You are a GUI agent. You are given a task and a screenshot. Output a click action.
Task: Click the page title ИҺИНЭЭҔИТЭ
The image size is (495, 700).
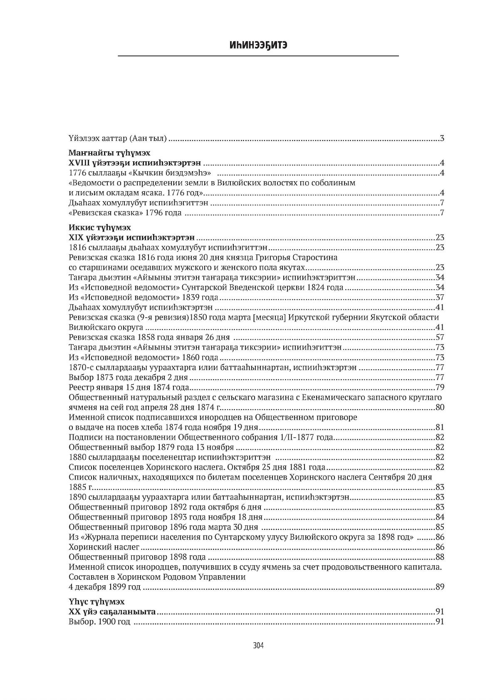(x=258, y=45)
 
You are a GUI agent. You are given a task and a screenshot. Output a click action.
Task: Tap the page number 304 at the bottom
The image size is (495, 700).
(x=258, y=646)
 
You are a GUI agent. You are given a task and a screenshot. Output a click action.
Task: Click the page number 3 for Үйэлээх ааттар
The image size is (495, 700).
(x=442, y=138)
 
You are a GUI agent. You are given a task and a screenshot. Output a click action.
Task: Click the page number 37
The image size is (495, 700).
(x=440, y=297)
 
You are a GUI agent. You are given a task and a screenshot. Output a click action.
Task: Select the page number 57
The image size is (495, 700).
(x=440, y=337)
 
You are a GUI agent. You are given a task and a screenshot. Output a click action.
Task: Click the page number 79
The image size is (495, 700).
(x=440, y=387)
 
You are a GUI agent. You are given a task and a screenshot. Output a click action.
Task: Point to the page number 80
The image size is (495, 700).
(x=440, y=407)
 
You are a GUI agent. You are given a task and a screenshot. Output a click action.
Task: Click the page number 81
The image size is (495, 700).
(x=440, y=427)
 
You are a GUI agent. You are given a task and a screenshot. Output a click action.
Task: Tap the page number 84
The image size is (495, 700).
(x=440, y=517)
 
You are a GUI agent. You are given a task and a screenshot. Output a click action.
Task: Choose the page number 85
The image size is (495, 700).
(x=440, y=527)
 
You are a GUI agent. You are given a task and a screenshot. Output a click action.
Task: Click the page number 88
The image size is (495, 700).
(x=440, y=557)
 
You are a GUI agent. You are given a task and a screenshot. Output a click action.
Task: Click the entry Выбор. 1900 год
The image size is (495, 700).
(x=99, y=622)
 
